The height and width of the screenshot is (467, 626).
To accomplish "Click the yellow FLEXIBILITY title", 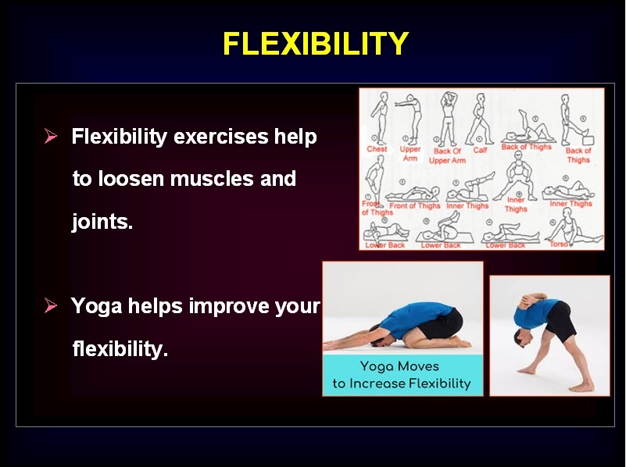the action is coord(316,43).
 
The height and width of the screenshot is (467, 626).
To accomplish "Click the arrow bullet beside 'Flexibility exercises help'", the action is coord(51,136).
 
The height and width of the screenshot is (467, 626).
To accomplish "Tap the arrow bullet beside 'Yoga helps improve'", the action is coord(51,306).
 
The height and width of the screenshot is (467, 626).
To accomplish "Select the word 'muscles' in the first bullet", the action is coord(212,178).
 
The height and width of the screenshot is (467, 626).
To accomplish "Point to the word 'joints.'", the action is coord(102,221).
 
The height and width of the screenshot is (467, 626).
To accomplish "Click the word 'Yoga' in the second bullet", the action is coord(97,307).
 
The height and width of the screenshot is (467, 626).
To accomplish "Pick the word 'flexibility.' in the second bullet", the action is coord(120,349).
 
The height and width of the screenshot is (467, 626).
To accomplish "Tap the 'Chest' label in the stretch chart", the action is coord(377,148).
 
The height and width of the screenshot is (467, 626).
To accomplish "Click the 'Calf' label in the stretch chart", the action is coord(480,150).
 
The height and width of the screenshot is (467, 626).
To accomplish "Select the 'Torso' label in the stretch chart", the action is coord(559,244).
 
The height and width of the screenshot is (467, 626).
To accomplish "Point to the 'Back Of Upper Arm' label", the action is coord(447,155).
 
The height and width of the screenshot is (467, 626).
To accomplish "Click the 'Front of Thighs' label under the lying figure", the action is coord(415,206).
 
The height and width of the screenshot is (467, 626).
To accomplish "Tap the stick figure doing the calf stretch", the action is coord(480,119).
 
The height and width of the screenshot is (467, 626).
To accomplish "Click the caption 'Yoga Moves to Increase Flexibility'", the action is coord(401,375).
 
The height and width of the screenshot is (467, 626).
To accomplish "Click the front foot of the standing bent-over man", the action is coord(528,370).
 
